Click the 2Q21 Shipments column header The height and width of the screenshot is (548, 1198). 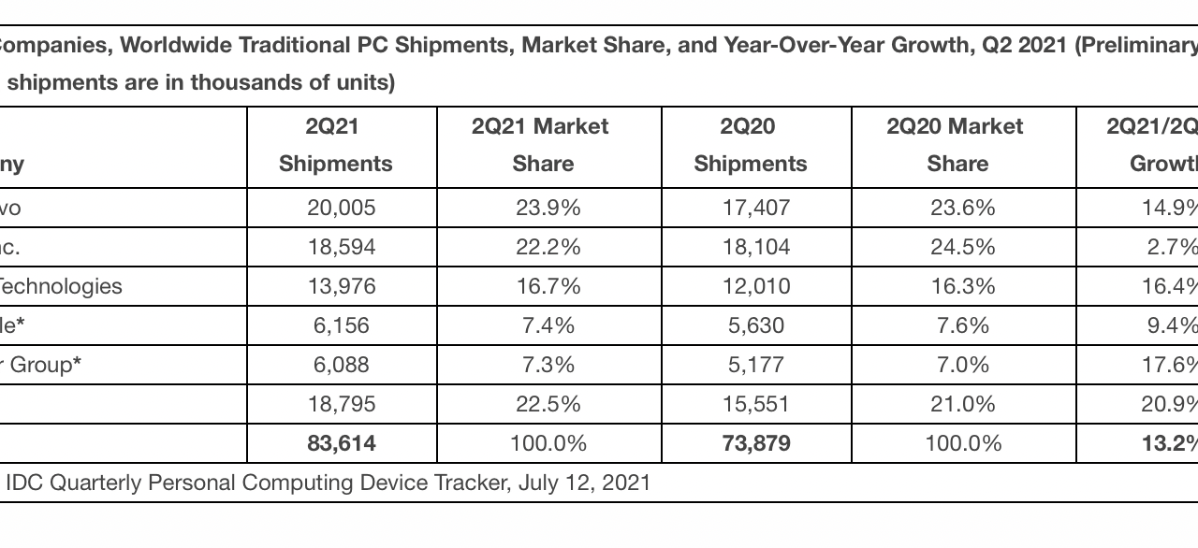click(x=335, y=145)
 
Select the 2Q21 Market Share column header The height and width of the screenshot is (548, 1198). click(x=542, y=145)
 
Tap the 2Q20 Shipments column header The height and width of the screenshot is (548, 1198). click(x=750, y=145)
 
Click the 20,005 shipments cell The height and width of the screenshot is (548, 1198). click(x=341, y=208)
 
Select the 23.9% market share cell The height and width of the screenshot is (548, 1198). click(x=548, y=208)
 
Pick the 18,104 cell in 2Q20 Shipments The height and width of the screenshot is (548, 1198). click(x=756, y=247)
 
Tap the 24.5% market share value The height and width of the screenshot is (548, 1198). click(x=963, y=247)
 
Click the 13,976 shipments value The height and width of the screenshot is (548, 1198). click(x=341, y=286)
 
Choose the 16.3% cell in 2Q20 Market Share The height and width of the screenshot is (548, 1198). click(x=963, y=286)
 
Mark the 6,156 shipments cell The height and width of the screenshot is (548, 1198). click(x=341, y=325)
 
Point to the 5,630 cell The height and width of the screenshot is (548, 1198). click(x=756, y=325)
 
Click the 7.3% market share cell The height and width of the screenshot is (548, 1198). click(x=548, y=365)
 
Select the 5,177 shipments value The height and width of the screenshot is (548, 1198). click(x=756, y=365)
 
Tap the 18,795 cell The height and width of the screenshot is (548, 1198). click(x=341, y=404)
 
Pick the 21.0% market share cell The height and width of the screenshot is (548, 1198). click(x=963, y=404)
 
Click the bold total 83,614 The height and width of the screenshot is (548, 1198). click(x=341, y=443)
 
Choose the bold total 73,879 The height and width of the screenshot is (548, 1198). click(x=756, y=443)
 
